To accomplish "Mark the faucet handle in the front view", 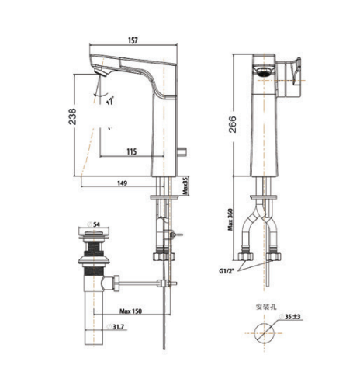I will click(292, 74).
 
